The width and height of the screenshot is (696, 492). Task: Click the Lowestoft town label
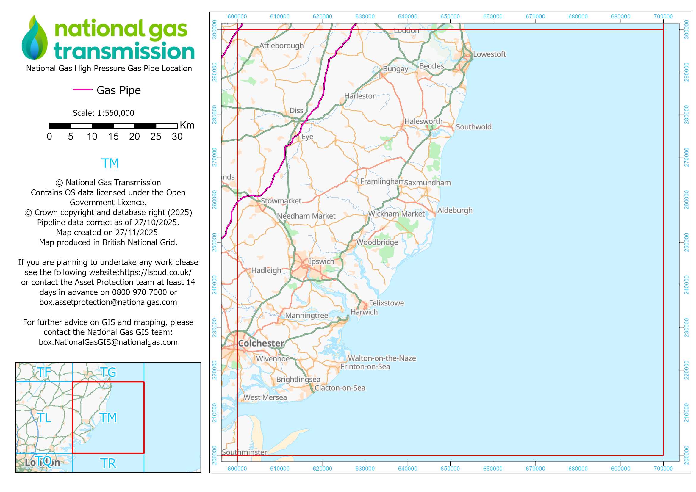[x=489, y=54]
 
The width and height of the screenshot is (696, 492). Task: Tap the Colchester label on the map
[x=261, y=343]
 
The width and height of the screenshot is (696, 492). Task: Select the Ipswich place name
[x=321, y=261]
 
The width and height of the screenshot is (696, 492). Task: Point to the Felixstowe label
[x=386, y=303]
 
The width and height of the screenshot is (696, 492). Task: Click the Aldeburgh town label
[x=455, y=211]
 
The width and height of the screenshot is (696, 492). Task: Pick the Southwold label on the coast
[x=473, y=127]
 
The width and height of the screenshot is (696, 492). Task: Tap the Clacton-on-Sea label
[x=340, y=388]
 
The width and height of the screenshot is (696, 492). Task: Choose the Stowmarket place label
[x=281, y=201]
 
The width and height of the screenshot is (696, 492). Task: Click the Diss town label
[x=296, y=111]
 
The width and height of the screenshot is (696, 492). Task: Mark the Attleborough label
[x=281, y=46]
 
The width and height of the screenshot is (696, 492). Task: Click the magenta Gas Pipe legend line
[x=82, y=90]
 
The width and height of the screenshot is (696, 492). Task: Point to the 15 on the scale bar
[x=113, y=137]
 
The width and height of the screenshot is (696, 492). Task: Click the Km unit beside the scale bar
[x=187, y=125]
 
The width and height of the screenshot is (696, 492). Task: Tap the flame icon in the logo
[x=35, y=39]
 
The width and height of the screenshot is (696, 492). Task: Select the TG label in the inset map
[x=108, y=372]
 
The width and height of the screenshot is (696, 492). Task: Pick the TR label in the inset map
[x=108, y=463]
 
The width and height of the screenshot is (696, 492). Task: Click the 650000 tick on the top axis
[x=450, y=17]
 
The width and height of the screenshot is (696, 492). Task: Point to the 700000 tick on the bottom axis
[x=663, y=469]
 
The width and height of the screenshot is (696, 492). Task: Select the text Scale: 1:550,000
[x=103, y=113]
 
